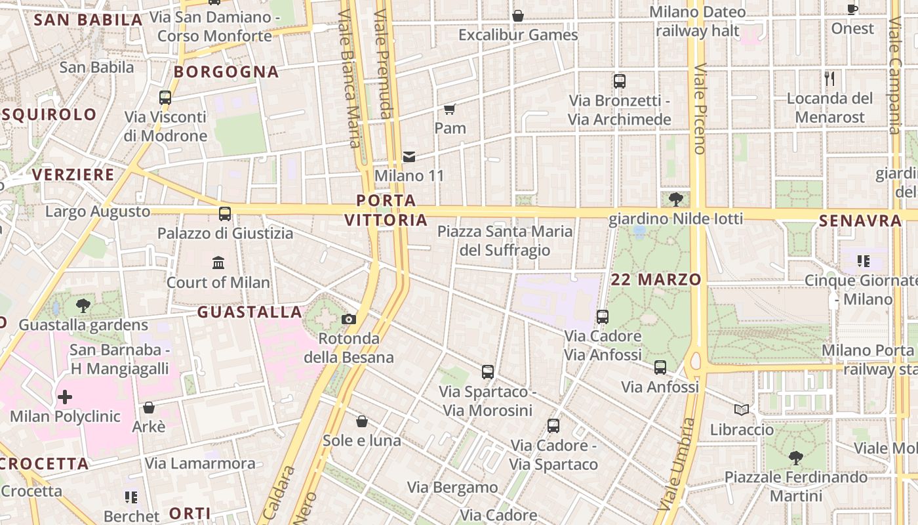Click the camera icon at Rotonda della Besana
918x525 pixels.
(x=349, y=319)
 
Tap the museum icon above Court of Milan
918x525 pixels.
(x=218, y=263)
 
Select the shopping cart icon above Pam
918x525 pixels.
(x=449, y=109)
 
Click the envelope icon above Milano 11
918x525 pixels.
(x=409, y=156)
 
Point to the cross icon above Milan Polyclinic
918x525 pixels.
(x=65, y=397)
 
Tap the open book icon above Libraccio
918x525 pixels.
(x=742, y=410)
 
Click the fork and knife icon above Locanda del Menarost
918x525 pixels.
(x=829, y=79)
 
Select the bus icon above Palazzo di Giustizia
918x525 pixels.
(x=225, y=214)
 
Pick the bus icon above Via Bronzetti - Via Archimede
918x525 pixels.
(x=620, y=81)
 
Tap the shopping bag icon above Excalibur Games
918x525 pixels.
(x=518, y=15)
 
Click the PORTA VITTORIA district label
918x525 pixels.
(x=386, y=210)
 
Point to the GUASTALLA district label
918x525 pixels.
(x=250, y=312)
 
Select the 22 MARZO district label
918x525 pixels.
(x=656, y=280)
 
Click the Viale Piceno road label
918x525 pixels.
(x=699, y=108)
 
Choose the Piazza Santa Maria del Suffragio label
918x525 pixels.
(x=505, y=241)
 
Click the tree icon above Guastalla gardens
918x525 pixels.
(x=83, y=305)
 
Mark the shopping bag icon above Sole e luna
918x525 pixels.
(x=361, y=421)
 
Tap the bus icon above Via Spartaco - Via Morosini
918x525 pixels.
(x=488, y=372)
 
